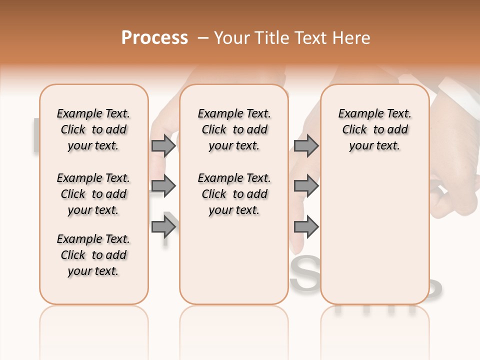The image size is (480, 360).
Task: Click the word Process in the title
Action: (x=154, y=38)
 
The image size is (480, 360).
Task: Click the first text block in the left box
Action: (x=93, y=129)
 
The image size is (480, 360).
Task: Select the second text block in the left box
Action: (x=93, y=194)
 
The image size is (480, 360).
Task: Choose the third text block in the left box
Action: (x=93, y=255)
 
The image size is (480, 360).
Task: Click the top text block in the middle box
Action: (x=234, y=129)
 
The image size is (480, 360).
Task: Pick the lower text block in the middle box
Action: (x=234, y=194)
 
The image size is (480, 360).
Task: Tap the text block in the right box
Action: (x=375, y=129)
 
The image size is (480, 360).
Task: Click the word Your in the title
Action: (x=231, y=38)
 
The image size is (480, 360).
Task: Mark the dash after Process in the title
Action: (x=203, y=38)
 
